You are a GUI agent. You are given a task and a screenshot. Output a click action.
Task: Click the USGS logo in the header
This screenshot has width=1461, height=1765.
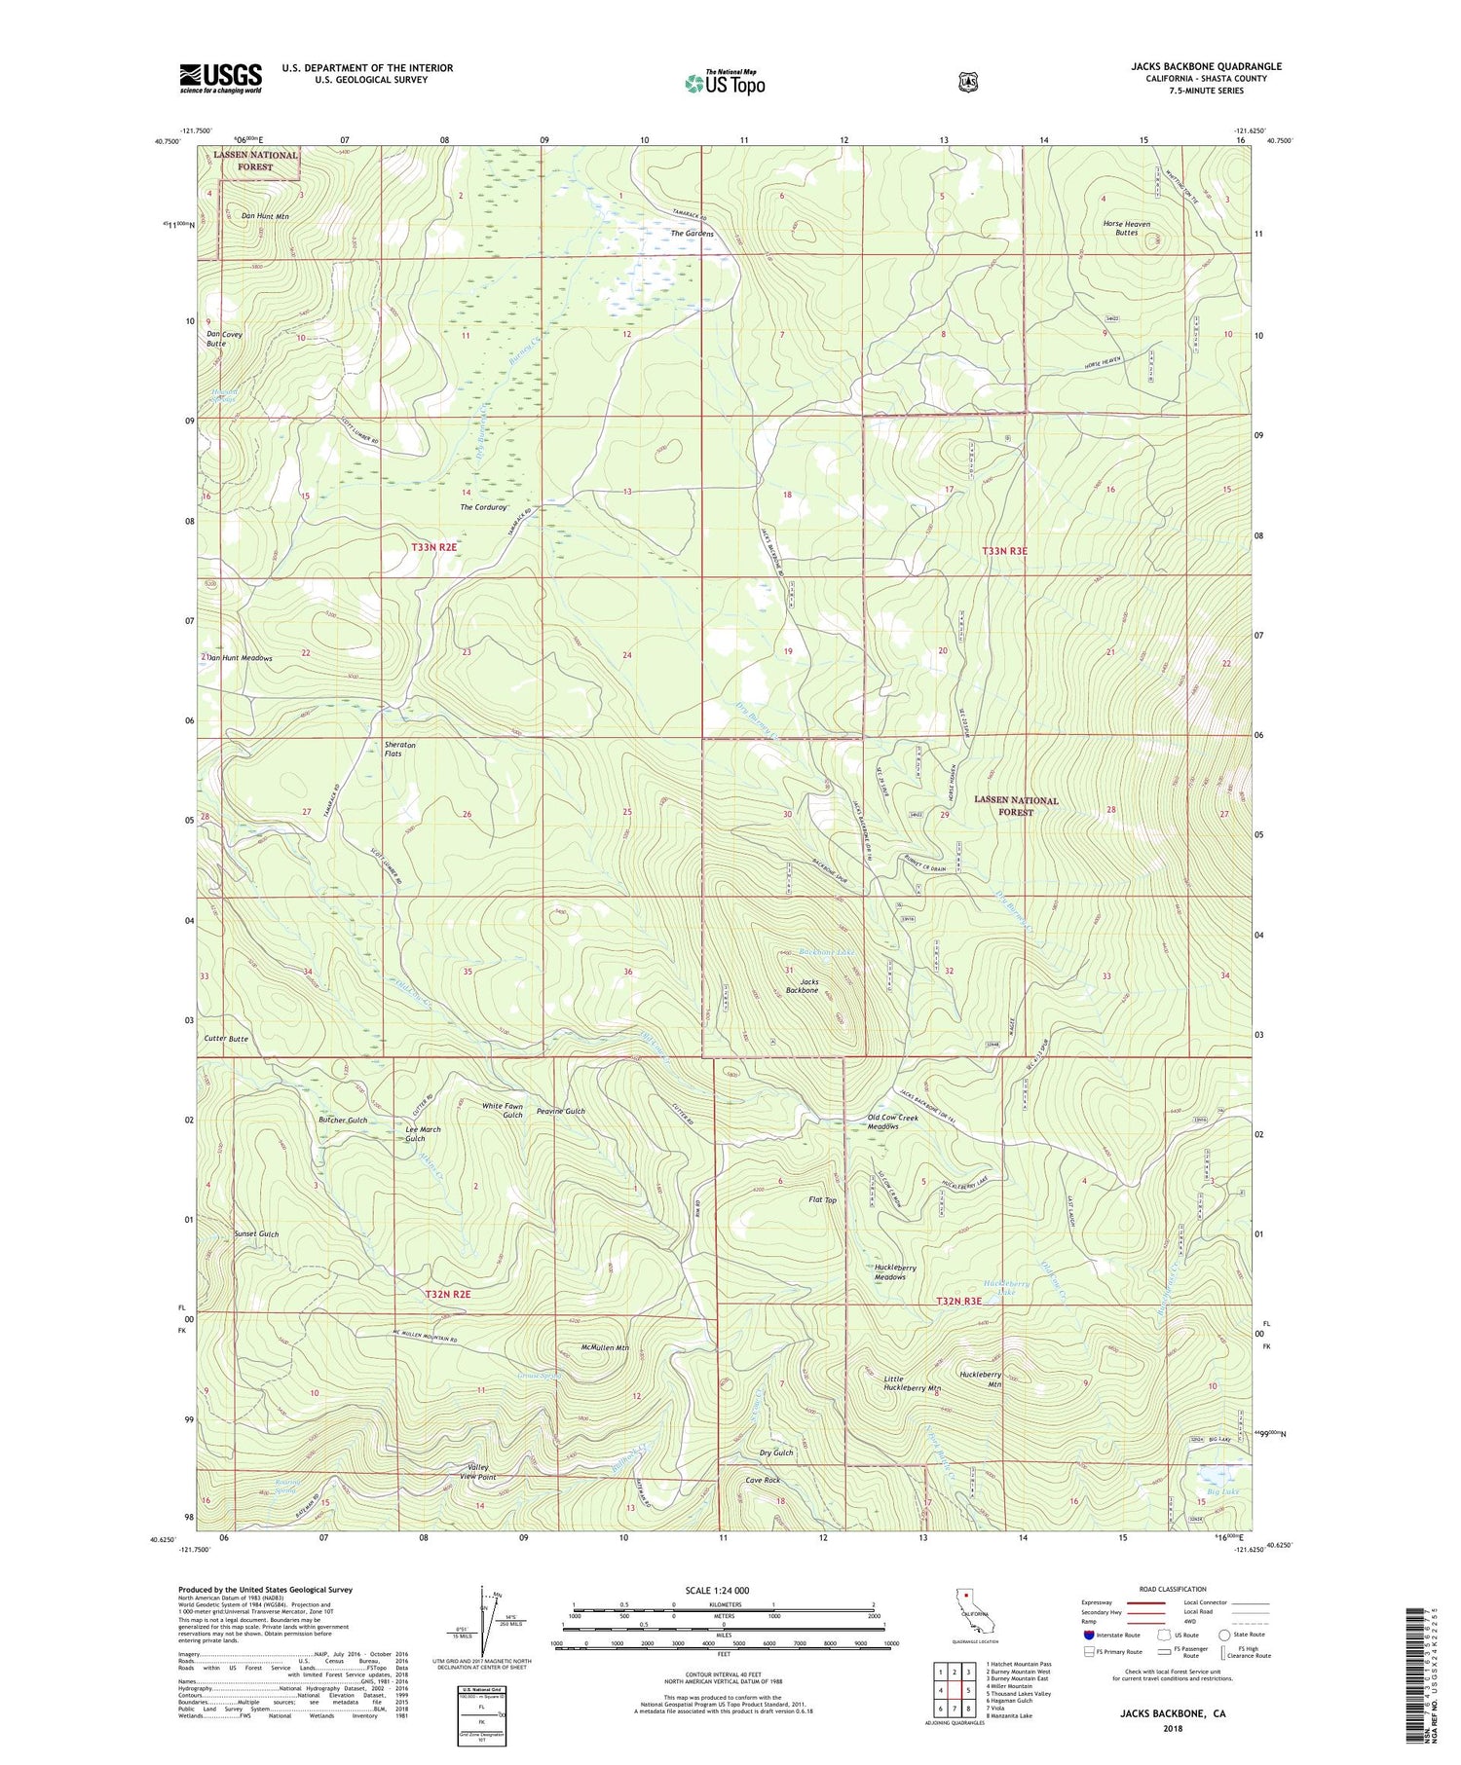click(220, 77)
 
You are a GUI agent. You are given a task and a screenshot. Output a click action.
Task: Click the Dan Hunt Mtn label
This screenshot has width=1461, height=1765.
click(265, 216)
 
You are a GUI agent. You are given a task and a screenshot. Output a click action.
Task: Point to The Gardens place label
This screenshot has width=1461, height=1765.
click(692, 234)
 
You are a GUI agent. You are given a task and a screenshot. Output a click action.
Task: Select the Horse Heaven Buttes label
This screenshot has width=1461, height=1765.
click(1126, 228)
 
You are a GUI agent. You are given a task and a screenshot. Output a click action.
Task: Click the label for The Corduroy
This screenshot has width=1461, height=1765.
click(484, 507)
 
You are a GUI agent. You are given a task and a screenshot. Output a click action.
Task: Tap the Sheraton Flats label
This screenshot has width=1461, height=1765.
click(399, 749)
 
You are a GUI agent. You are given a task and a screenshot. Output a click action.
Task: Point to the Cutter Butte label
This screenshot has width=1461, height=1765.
click(226, 1039)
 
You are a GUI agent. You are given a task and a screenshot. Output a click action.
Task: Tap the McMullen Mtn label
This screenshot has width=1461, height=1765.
click(604, 1348)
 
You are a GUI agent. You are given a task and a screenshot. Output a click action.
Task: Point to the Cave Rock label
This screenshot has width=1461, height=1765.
click(763, 1480)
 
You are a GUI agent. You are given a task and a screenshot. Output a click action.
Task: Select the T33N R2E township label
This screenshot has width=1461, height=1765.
click(434, 548)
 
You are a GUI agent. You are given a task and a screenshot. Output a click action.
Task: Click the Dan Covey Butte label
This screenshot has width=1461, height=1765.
click(224, 339)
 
